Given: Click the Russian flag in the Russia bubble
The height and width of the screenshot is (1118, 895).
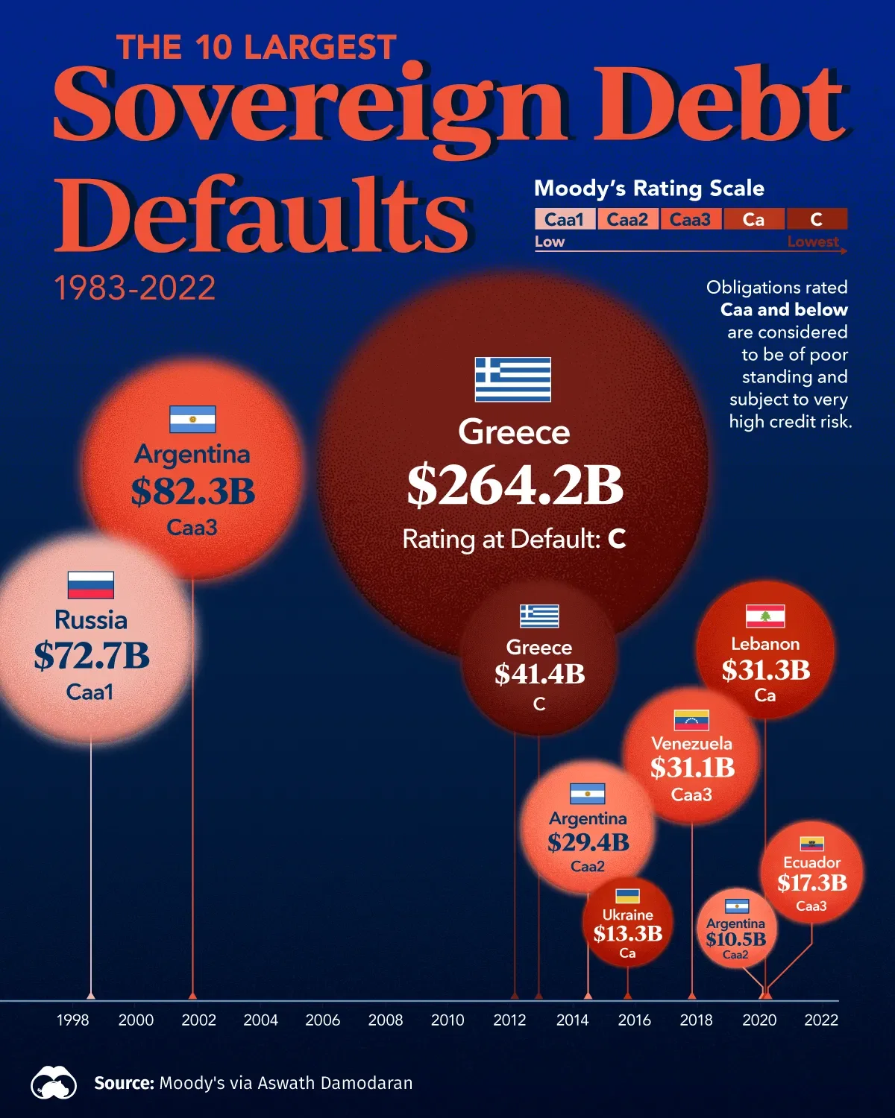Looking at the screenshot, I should pyautogui.click(x=91, y=585).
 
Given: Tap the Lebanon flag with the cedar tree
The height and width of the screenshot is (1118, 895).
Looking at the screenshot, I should pyautogui.click(x=765, y=616).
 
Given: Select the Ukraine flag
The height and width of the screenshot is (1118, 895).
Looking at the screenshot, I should pyautogui.click(x=627, y=896).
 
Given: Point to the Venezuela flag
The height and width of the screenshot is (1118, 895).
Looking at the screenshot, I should pyautogui.click(x=691, y=720).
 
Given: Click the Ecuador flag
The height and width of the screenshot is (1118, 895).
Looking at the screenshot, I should pyautogui.click(x=811, y=844).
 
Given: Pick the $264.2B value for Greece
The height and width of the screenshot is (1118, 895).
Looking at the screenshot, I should pyautogui.click(x=515, y=485).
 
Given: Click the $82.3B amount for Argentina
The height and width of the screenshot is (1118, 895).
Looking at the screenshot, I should pyautogui.click(x=193, y=491).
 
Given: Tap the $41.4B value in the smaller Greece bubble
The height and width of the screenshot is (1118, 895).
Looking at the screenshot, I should pyautogui.click(x=539, y=674).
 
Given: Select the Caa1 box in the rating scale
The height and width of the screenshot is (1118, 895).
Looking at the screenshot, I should pyautogui.click(x=565, y=219).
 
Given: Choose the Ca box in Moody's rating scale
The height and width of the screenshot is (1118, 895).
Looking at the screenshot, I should pyautogui.click(x=753, y=219).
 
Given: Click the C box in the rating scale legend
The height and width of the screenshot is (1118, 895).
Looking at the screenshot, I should pyautogui.click(x=816, y=219).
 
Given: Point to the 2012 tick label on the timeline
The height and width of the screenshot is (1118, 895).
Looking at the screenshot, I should pyautogui.click(x=509, y=1020).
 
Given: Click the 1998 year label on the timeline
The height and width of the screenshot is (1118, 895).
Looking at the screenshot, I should pyautogui.click(x=73, y=1020).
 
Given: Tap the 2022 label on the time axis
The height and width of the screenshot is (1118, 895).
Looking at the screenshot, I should pyautogui.click(x=821, y=1020).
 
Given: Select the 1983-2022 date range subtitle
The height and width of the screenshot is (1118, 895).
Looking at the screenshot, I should pyautogui.click(x=135, y=288).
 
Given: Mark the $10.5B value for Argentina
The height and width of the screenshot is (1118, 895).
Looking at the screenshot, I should pyautogui.click(x=736, y=939).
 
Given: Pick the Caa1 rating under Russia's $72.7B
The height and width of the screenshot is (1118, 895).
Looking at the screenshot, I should pyautogui.click(x=89, y=692).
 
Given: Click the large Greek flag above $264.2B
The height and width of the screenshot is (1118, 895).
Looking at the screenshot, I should pyautogui.click(x=513, y=379).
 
